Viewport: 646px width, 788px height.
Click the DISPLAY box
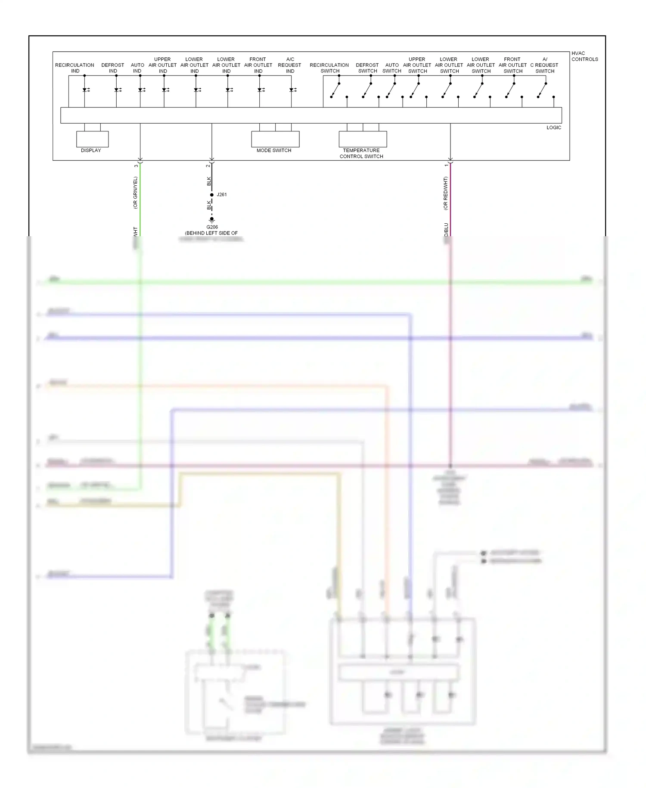click(92, 139)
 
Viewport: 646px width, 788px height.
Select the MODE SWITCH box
click(275, 139)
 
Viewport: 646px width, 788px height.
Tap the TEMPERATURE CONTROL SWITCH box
click(363, 139)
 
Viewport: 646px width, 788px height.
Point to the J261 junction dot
click(211, 195)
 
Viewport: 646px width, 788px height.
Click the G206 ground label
click(212, 227)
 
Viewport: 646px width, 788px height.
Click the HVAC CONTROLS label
click(584, 56)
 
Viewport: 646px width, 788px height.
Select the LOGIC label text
click(553, 128)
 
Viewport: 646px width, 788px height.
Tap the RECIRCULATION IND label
click(75, 68)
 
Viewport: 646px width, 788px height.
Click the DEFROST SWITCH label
click(367, 68)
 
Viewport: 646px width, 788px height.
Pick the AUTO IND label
click(137, 68)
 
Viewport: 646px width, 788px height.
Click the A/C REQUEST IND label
click(290, 65)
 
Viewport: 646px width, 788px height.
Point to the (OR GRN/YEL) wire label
click(135, 193)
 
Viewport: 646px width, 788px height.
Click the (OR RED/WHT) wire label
click(445, 193)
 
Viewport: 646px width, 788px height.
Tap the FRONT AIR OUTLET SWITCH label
click(512, 65)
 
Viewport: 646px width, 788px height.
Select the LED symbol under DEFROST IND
click(117, 90)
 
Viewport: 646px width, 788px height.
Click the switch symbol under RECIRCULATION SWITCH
click(335, 91)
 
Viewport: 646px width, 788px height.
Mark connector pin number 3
click(136, 166)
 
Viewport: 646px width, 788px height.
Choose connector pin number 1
click(446, 166)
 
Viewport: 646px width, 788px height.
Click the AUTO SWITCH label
click(392, 68)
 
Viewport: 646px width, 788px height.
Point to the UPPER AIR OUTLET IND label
click(162, 65)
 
